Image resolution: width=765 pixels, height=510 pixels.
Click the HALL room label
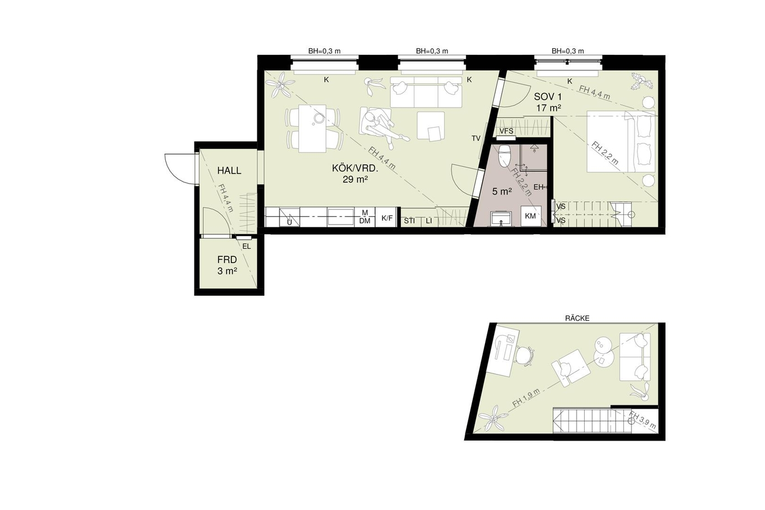pyautogui.click(x=229, y=170)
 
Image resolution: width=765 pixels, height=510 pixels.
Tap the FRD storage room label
pyautogui.click(x=227, y=260)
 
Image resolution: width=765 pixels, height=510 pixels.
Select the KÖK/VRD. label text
pyautogui.click(x=355, y=168)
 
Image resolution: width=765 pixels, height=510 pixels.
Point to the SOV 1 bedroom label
pyautogui.click(x=548, y=97)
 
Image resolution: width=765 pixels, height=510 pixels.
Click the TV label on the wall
pyautogui.click(x=476, y=138)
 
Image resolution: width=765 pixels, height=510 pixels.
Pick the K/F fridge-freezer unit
pyautogui.click(x=387, y=217)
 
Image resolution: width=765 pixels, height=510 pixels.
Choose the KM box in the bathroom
pyautogui.click(x=530, y=216)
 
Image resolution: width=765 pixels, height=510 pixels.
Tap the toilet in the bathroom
pyautogui.click(x=505, y=156)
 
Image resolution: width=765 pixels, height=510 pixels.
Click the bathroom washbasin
pyautogui.click(x=501, y=219)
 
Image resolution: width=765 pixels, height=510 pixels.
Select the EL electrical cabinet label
pyautogui.click(x=246, y=246)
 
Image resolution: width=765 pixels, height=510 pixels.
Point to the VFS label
pyautogui.click(x=506, y=131)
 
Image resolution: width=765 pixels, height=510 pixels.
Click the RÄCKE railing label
pyautogui.click(x=577, y=319)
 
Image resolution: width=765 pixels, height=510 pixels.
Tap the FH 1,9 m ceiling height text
pyautogui.click(x=526, y=399)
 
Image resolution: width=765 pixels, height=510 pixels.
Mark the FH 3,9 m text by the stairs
pyautogui.click(x=642, y=420)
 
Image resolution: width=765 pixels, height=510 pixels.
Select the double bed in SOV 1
pyautogui.click(x=621, y=141)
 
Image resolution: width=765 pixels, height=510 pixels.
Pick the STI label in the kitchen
pyautogui.click(x=409, y=221)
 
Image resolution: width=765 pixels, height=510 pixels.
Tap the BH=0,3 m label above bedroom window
pyautogui.click(x=568, y=51)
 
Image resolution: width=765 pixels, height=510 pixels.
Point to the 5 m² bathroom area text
pyautogui.click(x=502, y=191)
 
